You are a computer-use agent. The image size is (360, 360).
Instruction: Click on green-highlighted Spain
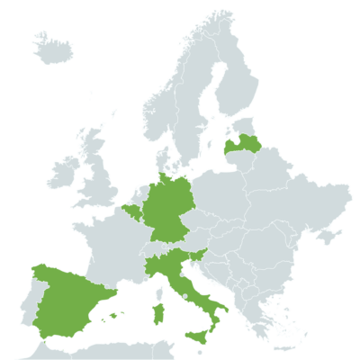[x=67, y=297]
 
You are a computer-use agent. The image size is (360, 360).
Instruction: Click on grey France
[x=112, y=247]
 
